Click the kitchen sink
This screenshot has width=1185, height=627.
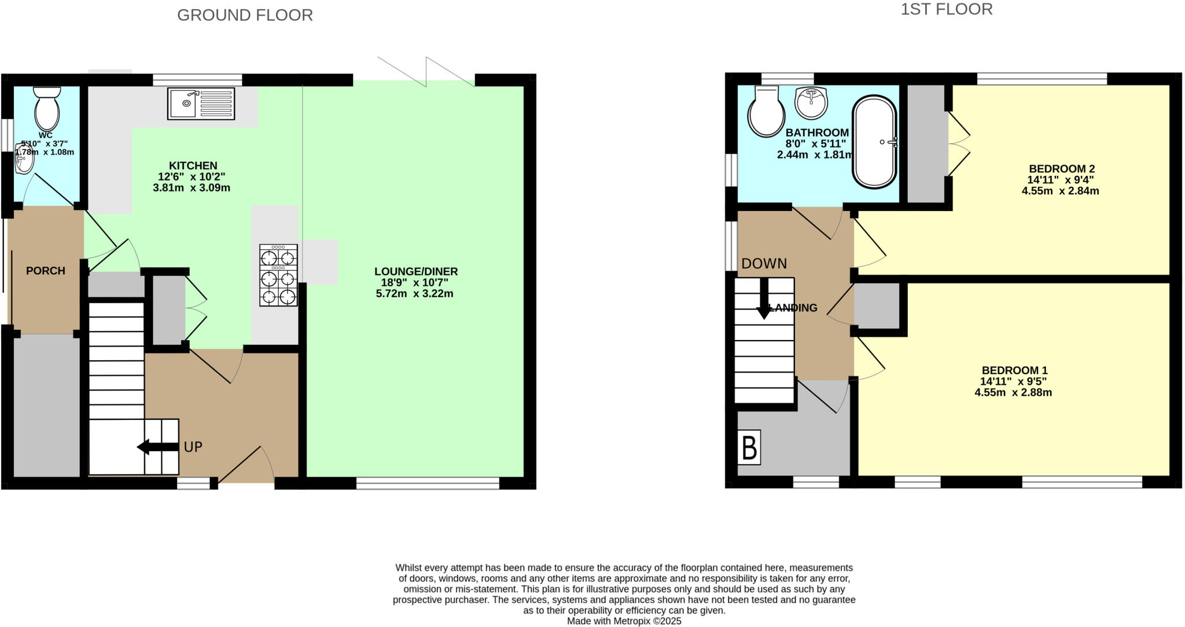pos(201,104)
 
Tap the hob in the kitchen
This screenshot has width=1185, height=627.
pos(278,275)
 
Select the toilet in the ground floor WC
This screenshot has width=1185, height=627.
pos(47,110)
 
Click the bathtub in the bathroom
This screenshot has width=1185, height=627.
pos(874,142)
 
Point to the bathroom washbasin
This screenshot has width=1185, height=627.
pos(811,103)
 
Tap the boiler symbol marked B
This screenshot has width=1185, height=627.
pos(749,448)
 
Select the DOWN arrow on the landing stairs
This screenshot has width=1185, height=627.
pos(764,298)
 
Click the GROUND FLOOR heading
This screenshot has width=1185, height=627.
pos(245,15)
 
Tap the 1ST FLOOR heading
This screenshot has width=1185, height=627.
pos(946,9)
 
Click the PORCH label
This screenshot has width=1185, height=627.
pos(46,271)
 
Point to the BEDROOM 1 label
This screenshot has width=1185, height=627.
pos(1014,370)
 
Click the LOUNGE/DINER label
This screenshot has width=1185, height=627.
pos(415,271)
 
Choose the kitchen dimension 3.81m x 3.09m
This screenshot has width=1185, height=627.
pos(192,188)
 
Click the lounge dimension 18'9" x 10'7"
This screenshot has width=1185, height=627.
pos(414,283)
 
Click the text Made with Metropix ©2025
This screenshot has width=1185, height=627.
pos(624,621)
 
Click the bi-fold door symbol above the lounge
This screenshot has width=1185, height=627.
pos(426,72)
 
